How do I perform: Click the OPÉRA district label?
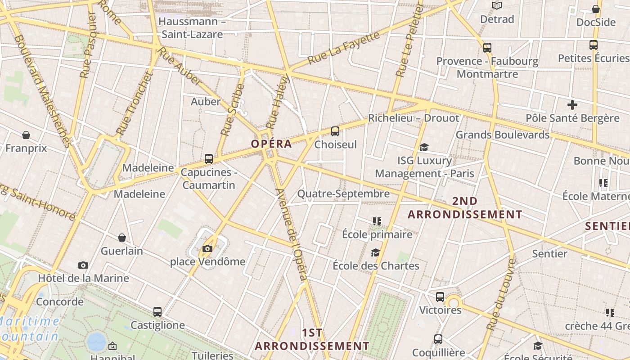tap(271, 144)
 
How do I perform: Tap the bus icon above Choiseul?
tap(335, 131)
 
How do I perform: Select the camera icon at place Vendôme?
tap(207, 248)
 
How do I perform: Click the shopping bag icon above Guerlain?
tap(121, 238)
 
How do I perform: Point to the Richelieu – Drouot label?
tap(414, 118)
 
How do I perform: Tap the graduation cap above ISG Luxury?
tap(424, 147)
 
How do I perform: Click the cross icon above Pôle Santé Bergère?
tap(572, 105)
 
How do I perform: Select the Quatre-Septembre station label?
tap(343, 194)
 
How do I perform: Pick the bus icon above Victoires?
tap(440, 297)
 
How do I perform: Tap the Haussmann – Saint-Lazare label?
tap(192, 28)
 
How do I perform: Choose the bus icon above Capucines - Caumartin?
tap(208, 159)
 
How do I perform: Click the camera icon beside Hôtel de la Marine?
tap(83, 265)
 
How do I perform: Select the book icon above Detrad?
tap(497, 6)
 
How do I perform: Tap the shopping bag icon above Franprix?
tap(26, 135)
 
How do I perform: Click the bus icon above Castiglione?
tap(157, 311)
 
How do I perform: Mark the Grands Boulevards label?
tap(503, 135)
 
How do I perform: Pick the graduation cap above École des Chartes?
tap(375, 252)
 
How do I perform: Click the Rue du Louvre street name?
tap(500, 300)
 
